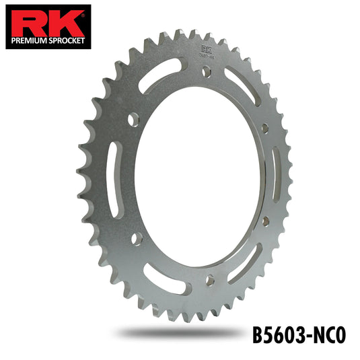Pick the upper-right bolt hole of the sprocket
(264, 128)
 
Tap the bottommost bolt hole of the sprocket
(210, 277)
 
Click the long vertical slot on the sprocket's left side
(112, 180)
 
